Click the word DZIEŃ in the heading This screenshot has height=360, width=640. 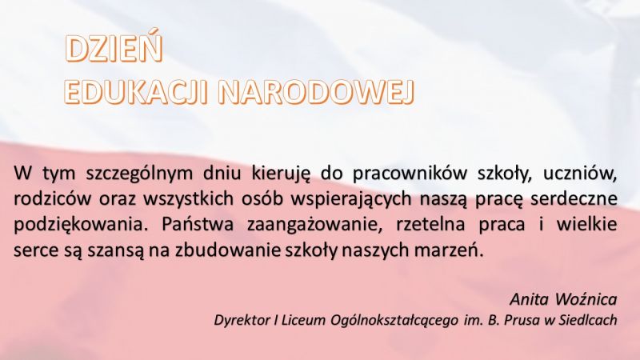tap(114, 50)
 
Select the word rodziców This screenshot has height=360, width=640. tap(50, 198)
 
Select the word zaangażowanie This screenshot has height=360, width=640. tap(302, 222)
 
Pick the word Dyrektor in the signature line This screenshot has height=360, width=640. tap(243, 320)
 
